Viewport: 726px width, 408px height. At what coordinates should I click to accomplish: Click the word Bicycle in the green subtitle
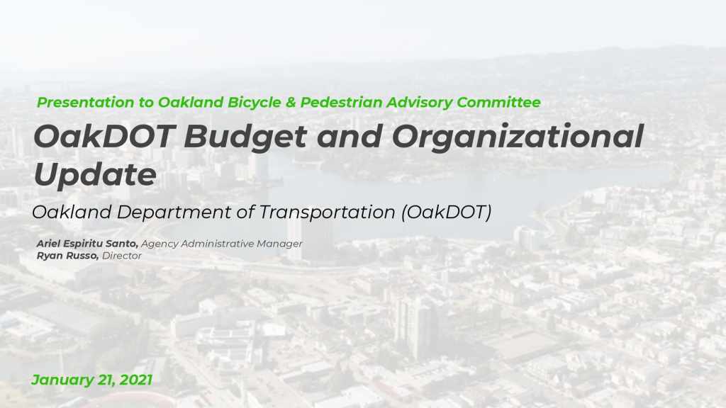pos(255,103)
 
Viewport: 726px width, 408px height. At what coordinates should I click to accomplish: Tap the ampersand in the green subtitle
pos(291,102)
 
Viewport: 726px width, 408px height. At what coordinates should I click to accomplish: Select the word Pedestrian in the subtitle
pos(342,102)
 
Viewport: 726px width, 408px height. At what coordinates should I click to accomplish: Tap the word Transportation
pos(327,212)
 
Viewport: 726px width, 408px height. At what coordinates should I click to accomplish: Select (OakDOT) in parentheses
pos(447,212)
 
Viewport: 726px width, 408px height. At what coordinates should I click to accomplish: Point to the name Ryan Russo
pos(67,256)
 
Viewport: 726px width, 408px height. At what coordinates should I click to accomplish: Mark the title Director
pos(122,256)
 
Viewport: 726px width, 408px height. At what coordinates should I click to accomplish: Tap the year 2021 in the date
pos(135,380)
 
